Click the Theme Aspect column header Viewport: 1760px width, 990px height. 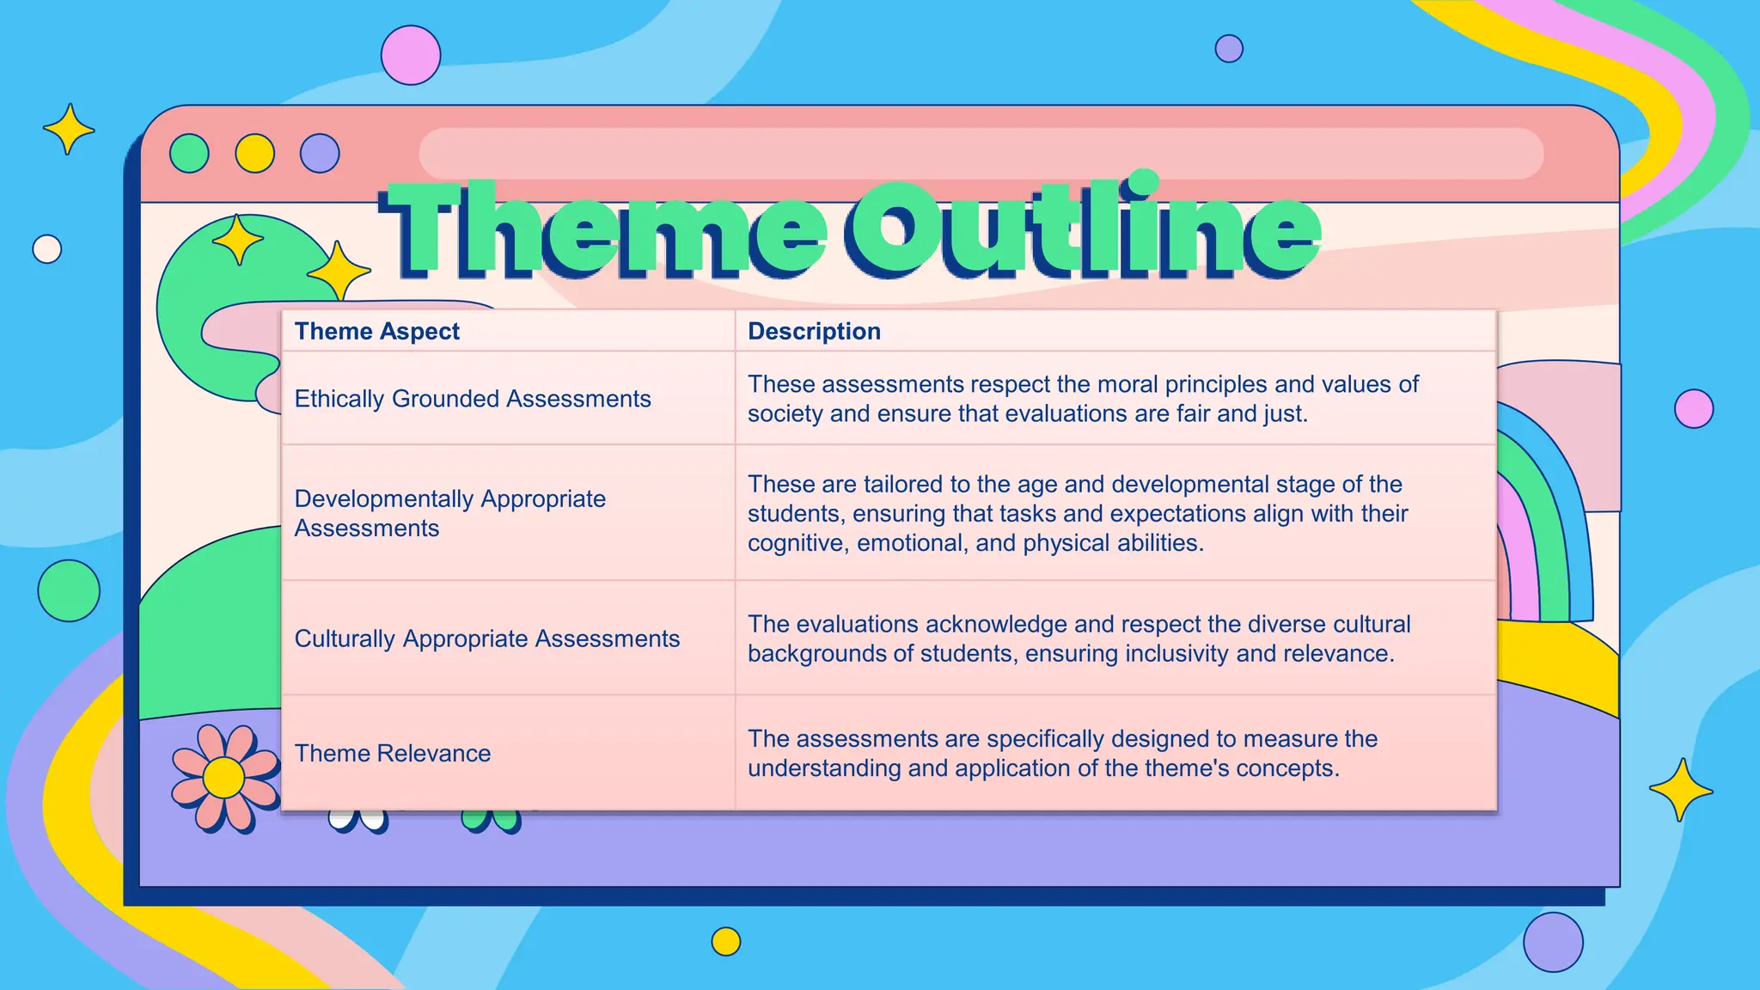[377, 331]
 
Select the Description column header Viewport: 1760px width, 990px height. [814, 331]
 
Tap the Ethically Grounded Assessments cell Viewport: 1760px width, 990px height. [473, 399]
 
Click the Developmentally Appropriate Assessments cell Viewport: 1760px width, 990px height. [449, 513]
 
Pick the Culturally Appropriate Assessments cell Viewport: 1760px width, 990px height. [486, 639]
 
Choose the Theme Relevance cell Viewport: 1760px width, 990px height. [393, 754]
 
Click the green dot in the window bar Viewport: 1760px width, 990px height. [189, 153]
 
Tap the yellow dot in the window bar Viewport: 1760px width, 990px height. [255, 153]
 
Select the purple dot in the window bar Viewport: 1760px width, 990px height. [320, 153]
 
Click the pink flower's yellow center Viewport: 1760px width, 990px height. [224, 778]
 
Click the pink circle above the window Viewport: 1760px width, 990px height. [411, 55]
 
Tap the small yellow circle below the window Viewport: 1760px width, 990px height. [726, 941]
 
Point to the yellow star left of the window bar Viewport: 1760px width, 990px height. [69, 130]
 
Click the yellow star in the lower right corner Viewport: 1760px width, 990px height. [1680, 790]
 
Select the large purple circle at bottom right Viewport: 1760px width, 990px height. [1553, 942]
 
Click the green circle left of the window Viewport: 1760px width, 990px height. [69, 591]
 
